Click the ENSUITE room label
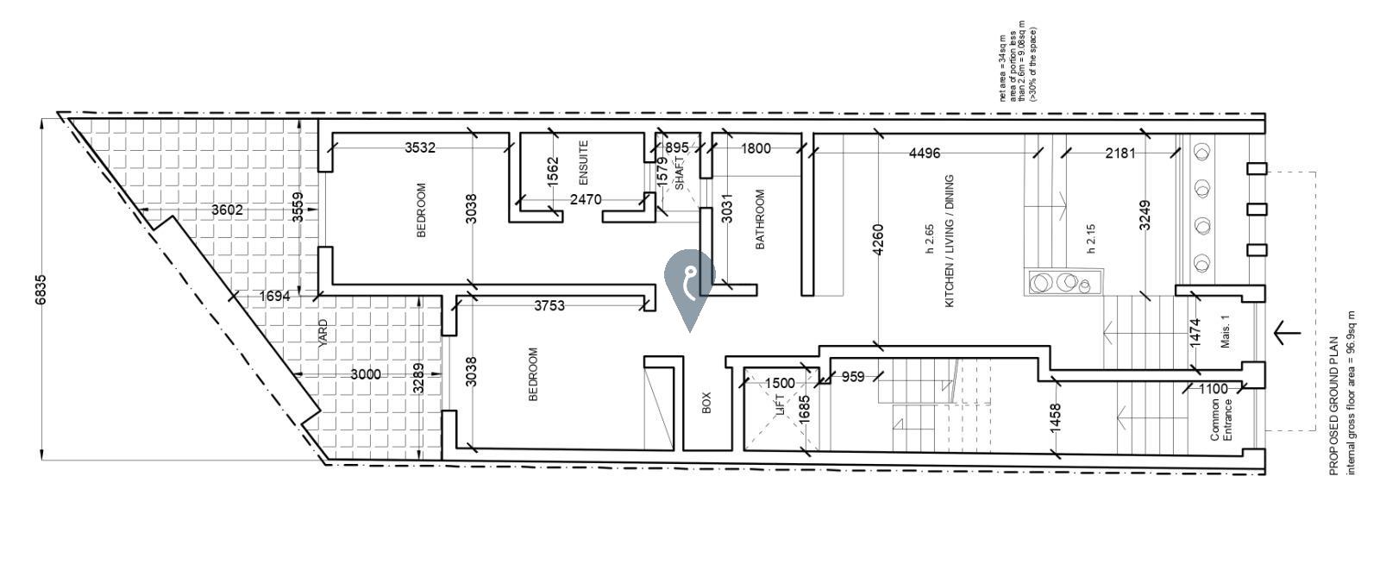point(583,162)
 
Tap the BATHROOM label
point(760,220)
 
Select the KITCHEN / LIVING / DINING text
point(949,241)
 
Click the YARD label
point(323,333)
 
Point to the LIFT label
point(781,406)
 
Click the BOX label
point(706,403)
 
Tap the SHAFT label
point(681,173)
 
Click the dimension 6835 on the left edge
point(41,289)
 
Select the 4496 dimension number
point(925,154)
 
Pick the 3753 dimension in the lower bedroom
point(549,305)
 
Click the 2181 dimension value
point(1120,154)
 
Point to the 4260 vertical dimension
point(878,240)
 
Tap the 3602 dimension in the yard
point(228,210)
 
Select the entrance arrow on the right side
point(1286,332)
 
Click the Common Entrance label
point(1220,420)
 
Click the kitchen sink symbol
point(1064,282)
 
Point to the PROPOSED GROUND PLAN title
point(1333,405)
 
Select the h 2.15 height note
point(1090,239)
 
